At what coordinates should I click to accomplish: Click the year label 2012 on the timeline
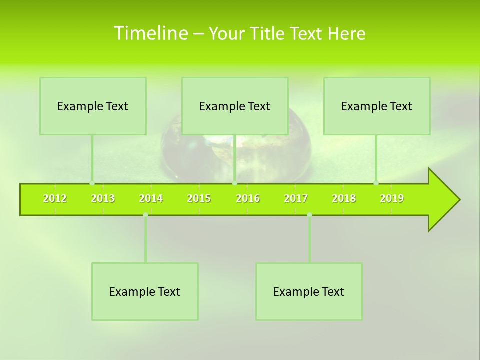tap(55, 198)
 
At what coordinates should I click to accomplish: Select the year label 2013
tap(103, 198)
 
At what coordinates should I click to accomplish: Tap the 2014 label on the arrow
tap(151, 198)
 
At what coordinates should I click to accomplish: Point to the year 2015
tap(199, 198)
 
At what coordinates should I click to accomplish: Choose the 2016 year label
tap(248, 198)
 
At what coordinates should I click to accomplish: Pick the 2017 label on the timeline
tap(296, 198)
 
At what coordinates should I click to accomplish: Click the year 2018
tap(344, 198)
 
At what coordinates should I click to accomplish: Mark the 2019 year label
tap(392, 198)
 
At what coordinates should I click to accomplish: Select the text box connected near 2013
tap(93, 106)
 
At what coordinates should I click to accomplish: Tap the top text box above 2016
tap(235, 106)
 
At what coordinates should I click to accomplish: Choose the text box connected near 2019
tap(377, 106)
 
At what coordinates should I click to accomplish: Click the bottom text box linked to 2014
tap(145, 291)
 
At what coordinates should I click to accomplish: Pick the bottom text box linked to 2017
tap(309, 291)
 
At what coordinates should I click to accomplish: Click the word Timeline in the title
tap(150, 33)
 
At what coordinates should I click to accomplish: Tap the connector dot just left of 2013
tap(92, 183)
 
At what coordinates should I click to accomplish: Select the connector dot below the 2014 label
tap(145, 215)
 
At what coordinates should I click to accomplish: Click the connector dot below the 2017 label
tap(309, 215)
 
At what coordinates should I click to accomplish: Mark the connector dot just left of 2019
tap(376, 183)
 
